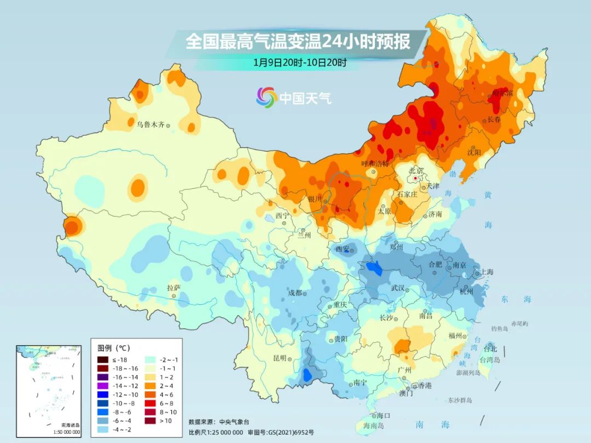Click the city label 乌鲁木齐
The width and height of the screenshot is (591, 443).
pos(150,125)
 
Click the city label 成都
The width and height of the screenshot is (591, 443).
pos(295,293)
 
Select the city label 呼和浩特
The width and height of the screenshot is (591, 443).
pos(375,164)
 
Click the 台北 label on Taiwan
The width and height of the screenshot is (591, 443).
pos(490,349)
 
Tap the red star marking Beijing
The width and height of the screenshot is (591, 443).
pos(416,178)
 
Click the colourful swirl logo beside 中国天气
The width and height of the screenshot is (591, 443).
pos(266,97)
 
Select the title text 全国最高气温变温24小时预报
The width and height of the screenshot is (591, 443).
pos(298,42)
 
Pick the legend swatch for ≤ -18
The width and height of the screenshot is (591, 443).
pos(103,359)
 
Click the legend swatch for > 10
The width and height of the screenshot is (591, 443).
pos(151,420)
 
